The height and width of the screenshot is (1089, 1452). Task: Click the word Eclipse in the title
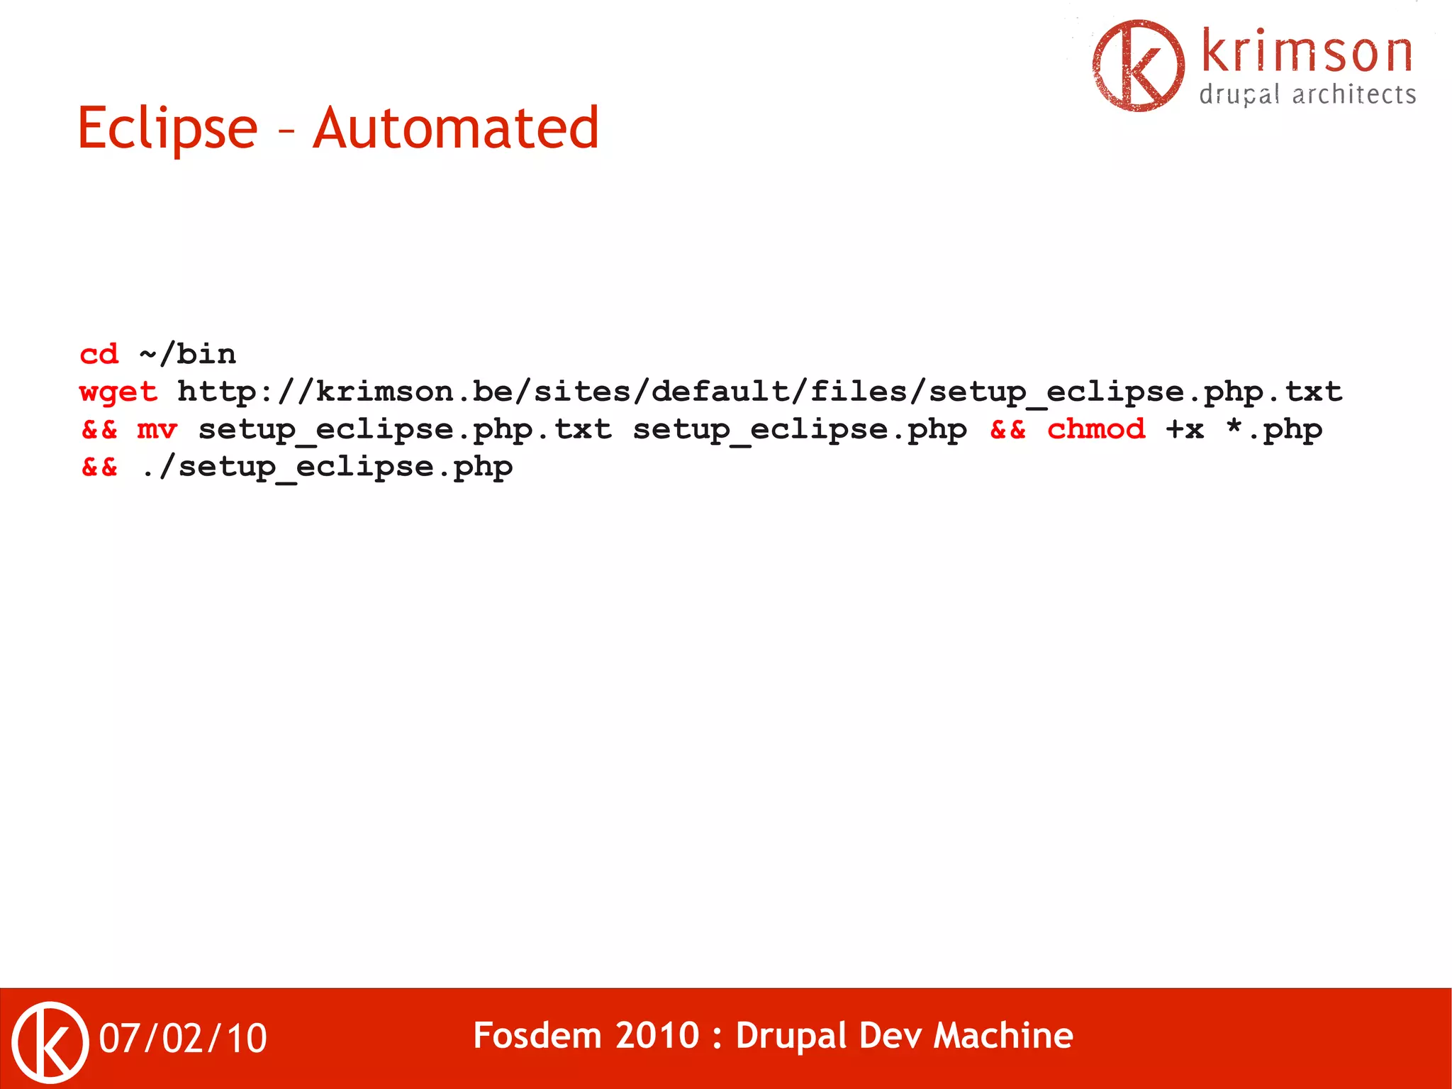[x=167, y=128]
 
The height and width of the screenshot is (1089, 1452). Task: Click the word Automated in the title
[x=456, y=128]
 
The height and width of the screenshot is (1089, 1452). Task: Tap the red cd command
[x=99, y=354]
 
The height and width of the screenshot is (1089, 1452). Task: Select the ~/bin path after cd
[x=187, y=354]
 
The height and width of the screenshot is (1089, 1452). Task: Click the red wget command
[x=118, y=392]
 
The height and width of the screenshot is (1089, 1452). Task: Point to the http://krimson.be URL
[x=759, y=392]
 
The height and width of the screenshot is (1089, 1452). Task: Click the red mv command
[x=157, y=429]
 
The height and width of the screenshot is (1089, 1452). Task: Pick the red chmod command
[x=1096, y=429]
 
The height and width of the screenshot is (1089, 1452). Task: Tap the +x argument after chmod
[x=1185, y=429]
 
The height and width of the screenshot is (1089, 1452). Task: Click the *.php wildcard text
[x=1274, y=429]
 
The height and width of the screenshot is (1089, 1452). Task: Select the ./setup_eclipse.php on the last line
[x=327, y=467]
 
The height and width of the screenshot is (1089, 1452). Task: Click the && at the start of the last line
[x=99, y=467]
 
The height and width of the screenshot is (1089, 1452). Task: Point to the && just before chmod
[x=1007, y=429]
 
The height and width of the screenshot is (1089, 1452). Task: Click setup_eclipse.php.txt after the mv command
[x=405, y=429]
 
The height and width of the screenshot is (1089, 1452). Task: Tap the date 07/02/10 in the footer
[x=183, y=1039]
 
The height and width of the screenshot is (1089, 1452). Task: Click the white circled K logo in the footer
[x=50, y=1042]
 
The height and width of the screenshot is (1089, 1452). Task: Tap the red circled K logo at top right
[x=1139, y=65]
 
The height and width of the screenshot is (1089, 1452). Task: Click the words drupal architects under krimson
[x=1307, y=95]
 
